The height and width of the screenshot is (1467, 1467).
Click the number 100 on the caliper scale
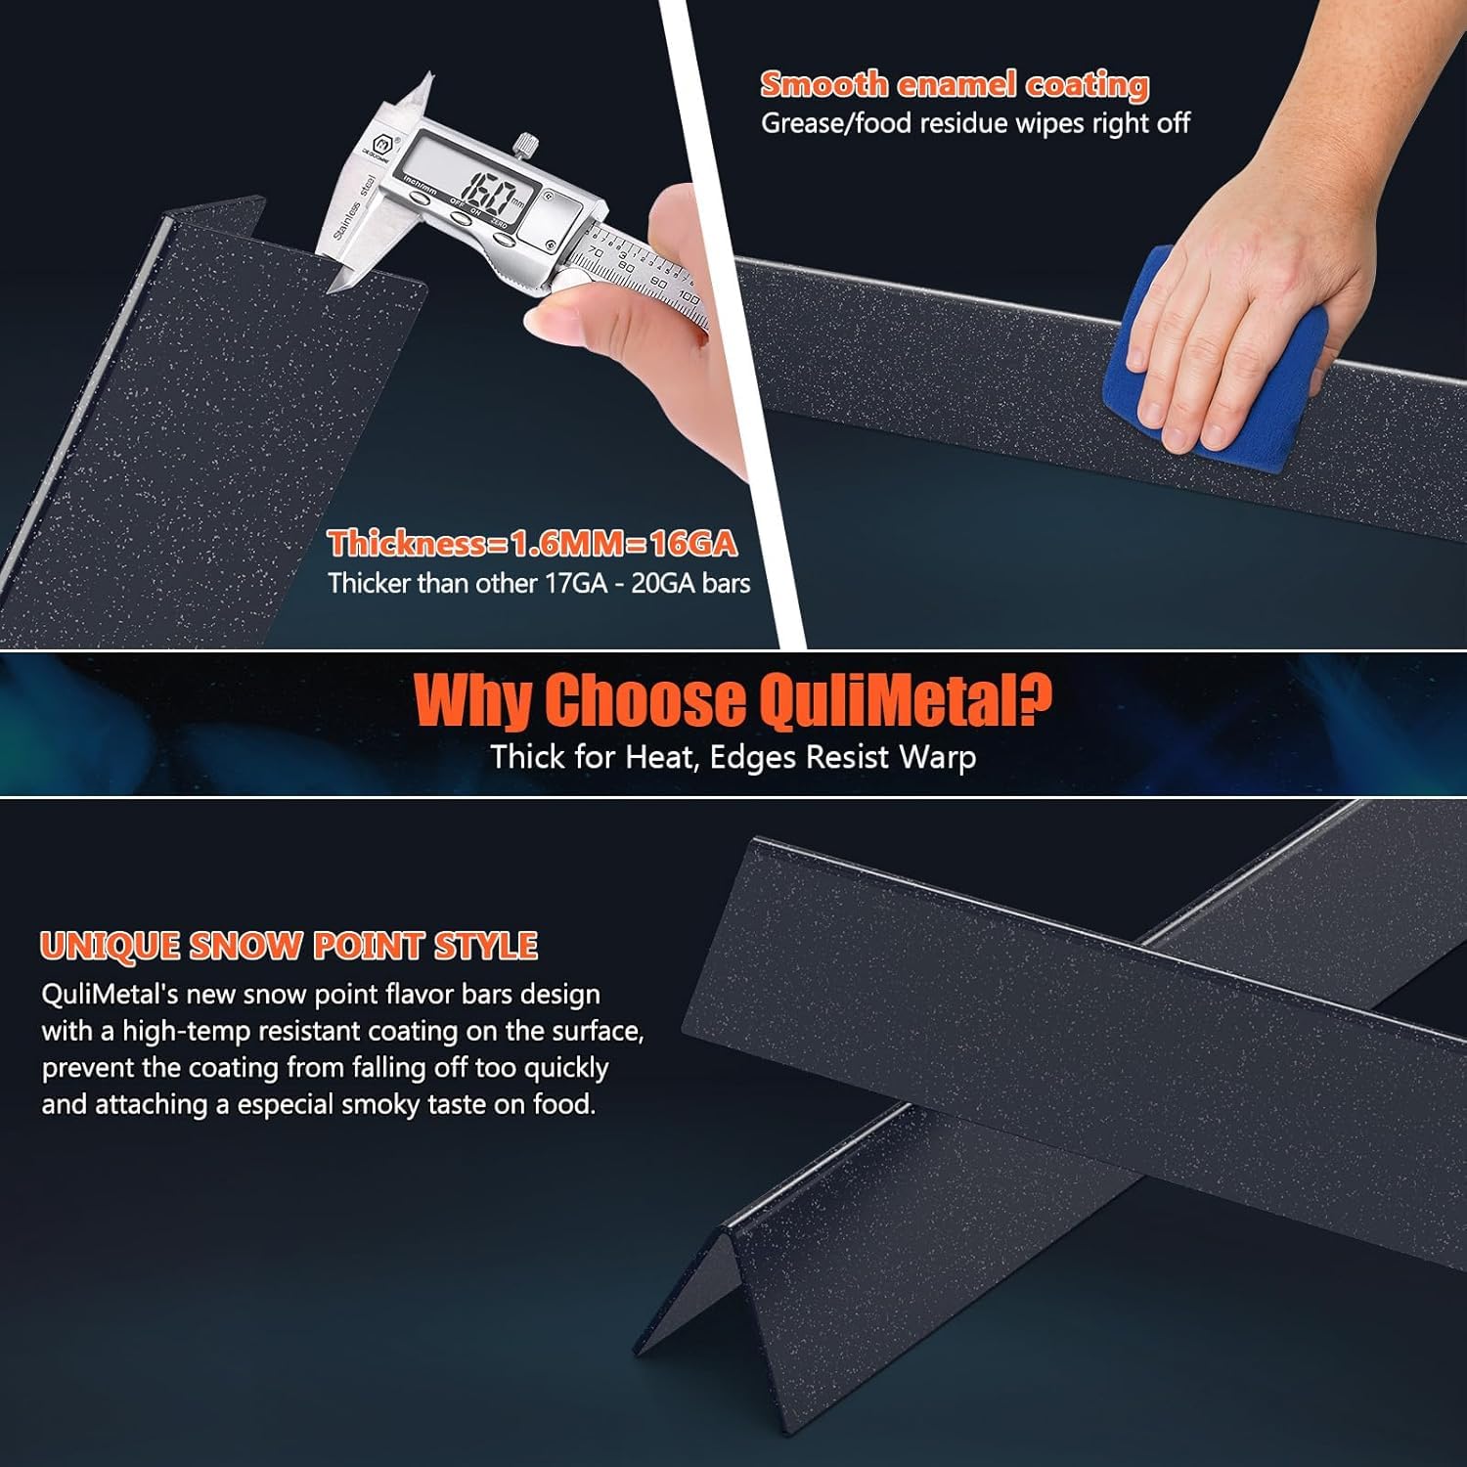click(x=687, y=298)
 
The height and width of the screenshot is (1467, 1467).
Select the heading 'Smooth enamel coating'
click(x=955, y=85)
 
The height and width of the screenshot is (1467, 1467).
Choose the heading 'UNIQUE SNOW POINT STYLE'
click(x=289, y=946)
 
